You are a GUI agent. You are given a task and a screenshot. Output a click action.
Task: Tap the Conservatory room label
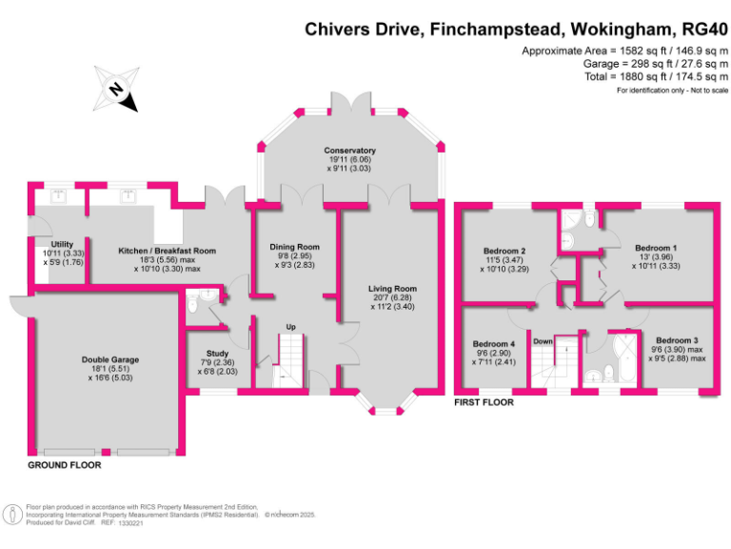pos(349,151)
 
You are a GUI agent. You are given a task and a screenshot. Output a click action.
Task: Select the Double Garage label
pos(109,360)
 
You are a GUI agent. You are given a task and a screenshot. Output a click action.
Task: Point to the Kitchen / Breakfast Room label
pos(167,251)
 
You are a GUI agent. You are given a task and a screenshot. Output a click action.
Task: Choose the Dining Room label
pos(293,247)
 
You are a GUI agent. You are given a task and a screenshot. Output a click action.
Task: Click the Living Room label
pos(393,288)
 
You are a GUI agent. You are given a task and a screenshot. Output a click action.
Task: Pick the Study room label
pos(218,353)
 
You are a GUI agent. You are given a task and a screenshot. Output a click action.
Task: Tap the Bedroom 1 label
pos(656,248)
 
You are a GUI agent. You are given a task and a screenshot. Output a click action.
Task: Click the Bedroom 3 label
pos(677,340)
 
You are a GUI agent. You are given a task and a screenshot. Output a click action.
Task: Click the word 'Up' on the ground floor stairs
pos(291,328)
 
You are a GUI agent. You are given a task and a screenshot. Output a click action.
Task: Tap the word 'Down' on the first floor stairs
pos(543,340)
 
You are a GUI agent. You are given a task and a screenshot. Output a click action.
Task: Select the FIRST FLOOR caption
pos(483,403)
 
